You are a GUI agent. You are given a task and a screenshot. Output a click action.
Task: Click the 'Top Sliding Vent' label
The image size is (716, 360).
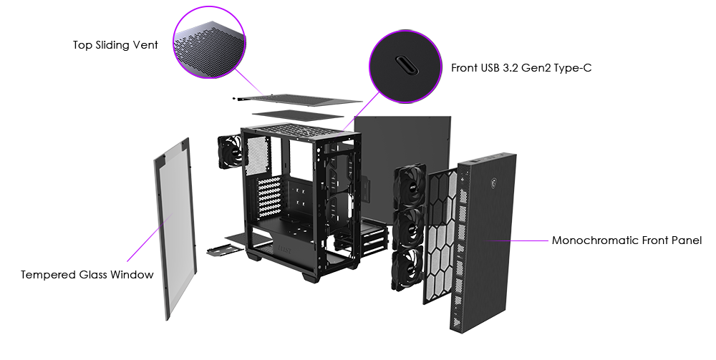coord(115,44)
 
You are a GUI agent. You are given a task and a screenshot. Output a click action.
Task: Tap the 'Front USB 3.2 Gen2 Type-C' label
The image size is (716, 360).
coord(521,68)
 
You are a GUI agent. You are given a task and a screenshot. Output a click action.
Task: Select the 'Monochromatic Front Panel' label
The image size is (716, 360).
coord(626,240)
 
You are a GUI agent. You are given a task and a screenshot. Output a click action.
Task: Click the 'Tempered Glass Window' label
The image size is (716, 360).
coord(87,275)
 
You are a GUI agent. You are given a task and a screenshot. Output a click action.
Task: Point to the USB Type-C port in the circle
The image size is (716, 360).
coord(405,65)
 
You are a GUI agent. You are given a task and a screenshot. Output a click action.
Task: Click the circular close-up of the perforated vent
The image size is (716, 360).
coord(209,42)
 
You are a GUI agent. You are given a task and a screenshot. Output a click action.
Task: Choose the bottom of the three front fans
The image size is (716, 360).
coord(407,268)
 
